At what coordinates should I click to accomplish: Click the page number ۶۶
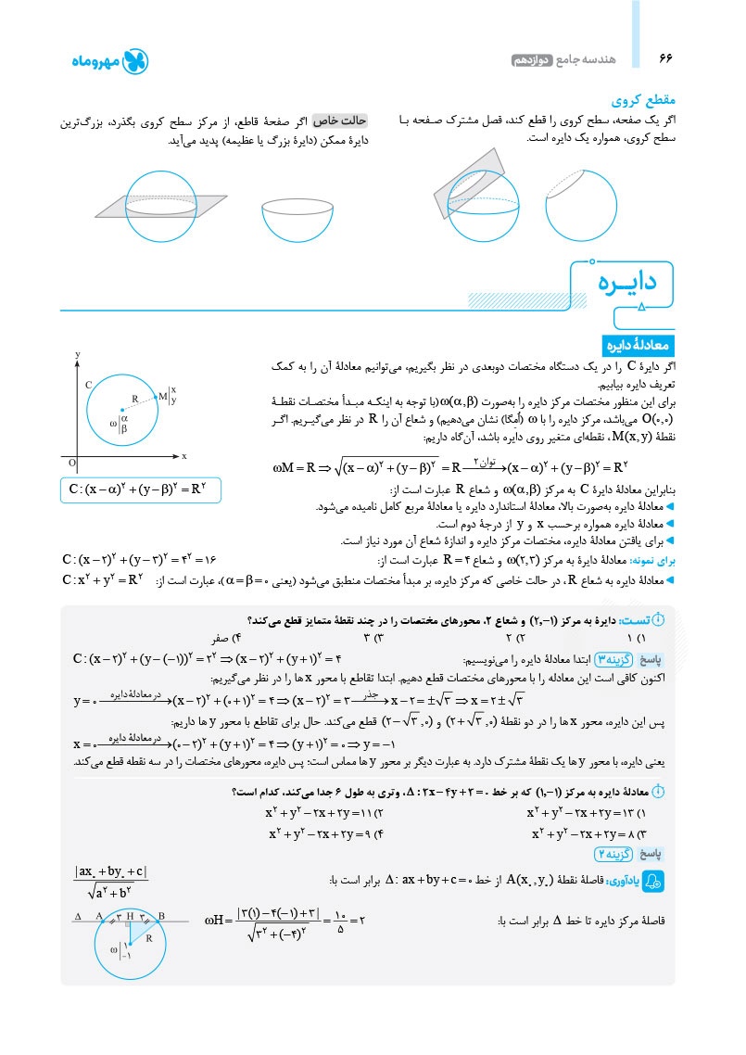pos(665,58)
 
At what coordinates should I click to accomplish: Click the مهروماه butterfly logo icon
pos(135,62)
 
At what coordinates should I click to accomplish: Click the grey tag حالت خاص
pos(340,121)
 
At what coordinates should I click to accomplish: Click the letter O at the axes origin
pos(73,461)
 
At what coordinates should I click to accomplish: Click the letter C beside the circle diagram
pos(88,383)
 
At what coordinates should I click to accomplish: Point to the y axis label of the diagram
pos(79,354)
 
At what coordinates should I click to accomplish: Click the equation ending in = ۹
pos(320,833)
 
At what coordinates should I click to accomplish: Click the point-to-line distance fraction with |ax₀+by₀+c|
pos(110,882)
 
